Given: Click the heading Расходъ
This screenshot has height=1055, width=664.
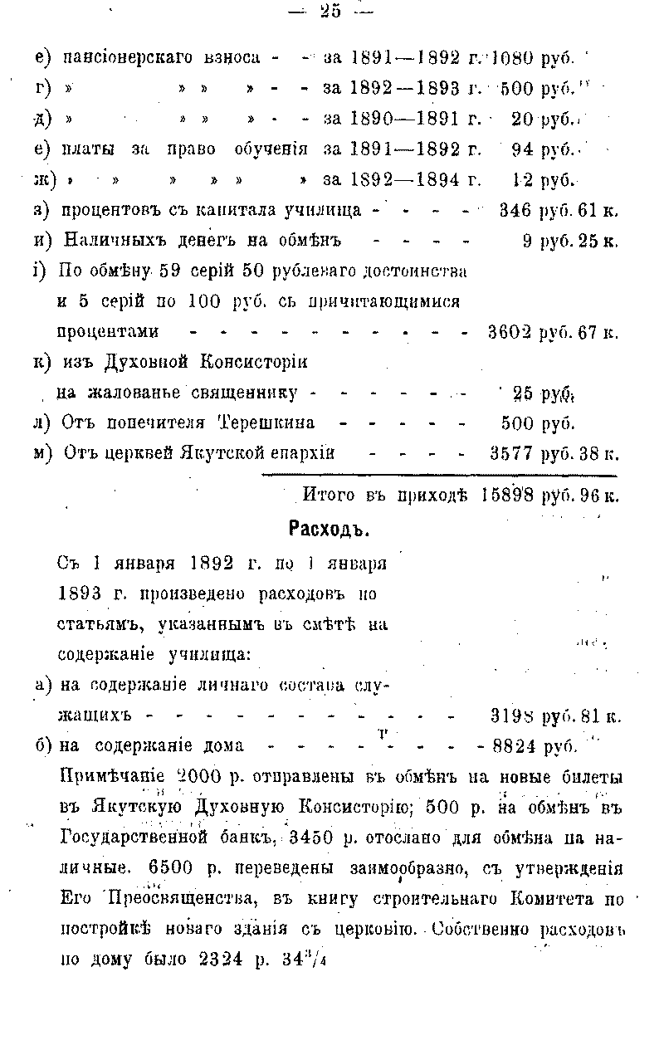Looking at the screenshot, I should point(329,529).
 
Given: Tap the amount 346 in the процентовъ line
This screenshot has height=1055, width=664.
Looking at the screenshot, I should point(515,211).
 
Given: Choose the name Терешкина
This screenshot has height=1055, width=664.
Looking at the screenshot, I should point(266,422).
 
